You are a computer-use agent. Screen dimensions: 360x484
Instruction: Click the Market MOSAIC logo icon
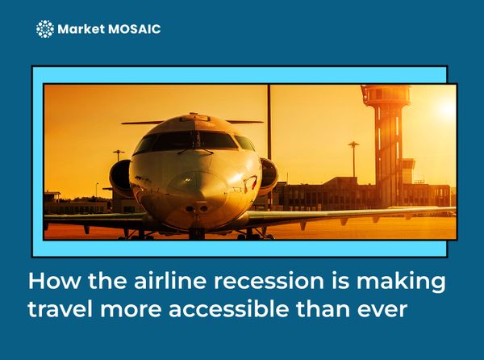[45, 30]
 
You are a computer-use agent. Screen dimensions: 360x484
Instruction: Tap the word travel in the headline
[59, 309]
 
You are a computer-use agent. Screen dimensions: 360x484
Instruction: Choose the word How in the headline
[50, 283]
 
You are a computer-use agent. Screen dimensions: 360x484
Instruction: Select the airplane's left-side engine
[121, 177]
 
